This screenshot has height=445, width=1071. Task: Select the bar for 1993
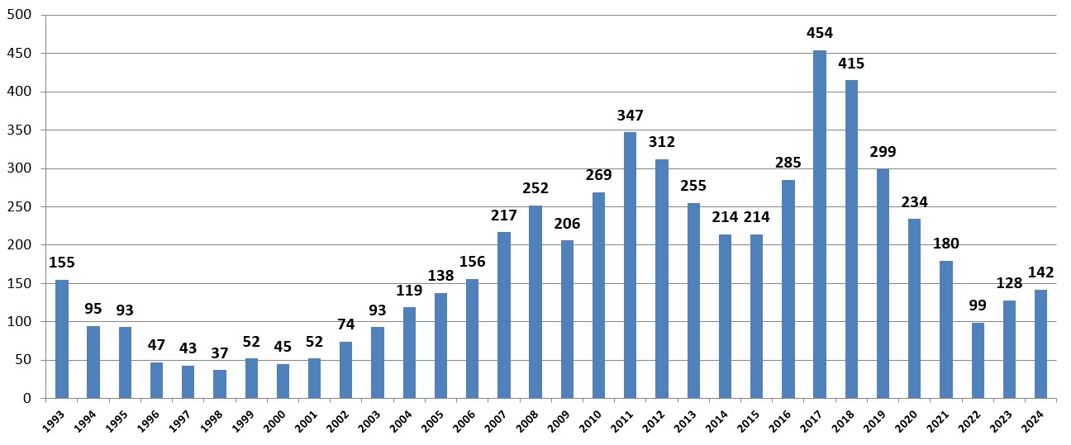[62, 338]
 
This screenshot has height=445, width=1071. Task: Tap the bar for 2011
[630, 265]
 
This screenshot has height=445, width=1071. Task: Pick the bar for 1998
[220, 384]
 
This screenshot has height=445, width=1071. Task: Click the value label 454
[819, 33]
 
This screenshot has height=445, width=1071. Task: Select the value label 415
[850, 63]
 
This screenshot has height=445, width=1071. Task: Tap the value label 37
[220, 353]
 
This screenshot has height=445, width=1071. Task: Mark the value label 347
[630, 116]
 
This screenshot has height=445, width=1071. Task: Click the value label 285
[788, 163]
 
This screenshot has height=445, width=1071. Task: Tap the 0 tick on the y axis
[27, 398]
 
